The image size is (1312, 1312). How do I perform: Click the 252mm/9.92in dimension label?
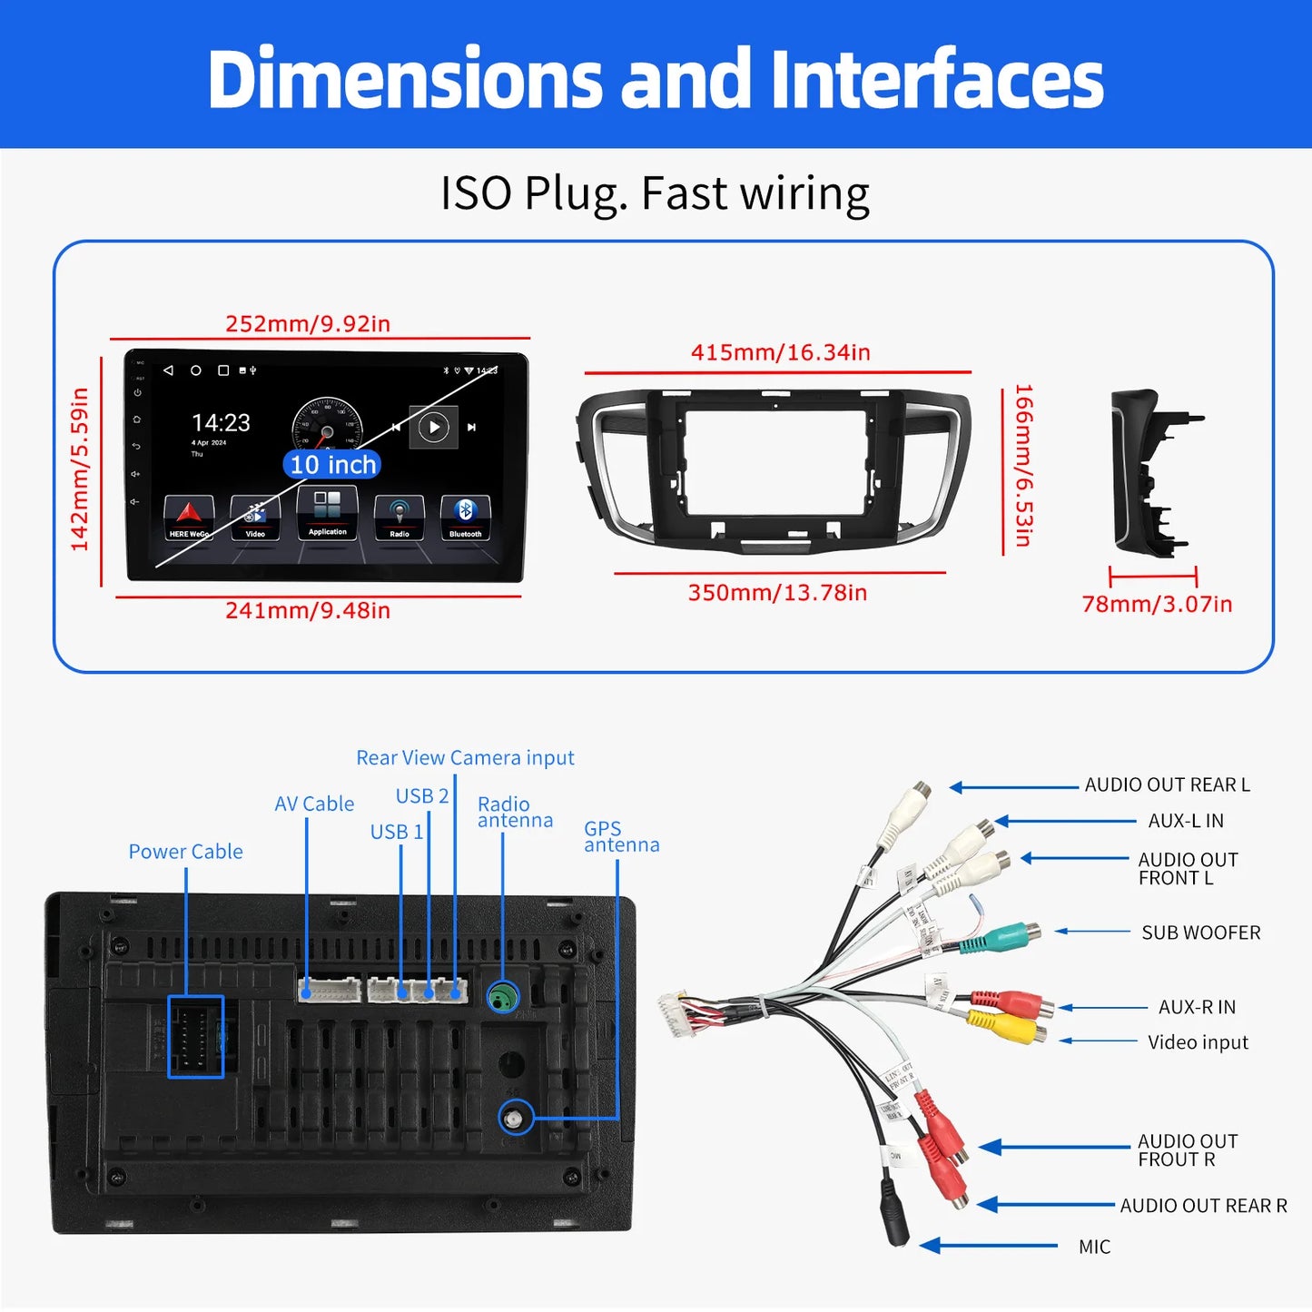[308, 324]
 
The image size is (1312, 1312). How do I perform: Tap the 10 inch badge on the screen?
[332, 465]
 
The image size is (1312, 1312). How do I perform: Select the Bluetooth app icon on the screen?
[465, 515]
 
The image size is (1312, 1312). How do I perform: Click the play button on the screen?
[433, 427]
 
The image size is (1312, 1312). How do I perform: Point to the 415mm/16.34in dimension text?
[780, 352]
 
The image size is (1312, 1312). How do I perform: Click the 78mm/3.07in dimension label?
[1157, 604]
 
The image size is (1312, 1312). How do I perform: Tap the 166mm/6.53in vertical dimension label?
[1023, 466]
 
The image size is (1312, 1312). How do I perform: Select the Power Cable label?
[185, 852]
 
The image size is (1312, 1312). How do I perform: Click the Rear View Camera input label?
[465, 757]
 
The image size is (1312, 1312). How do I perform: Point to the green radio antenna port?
[502, 998]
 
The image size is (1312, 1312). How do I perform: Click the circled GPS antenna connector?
[517, 1117]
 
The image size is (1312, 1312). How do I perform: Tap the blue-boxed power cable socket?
[195, 1037]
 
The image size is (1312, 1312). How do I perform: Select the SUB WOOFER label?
[1200, 932]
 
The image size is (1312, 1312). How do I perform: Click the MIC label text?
[1094, 1247]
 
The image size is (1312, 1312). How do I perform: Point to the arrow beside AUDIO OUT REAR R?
[1044, 1205]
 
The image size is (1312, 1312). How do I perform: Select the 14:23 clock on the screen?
[221, 423]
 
